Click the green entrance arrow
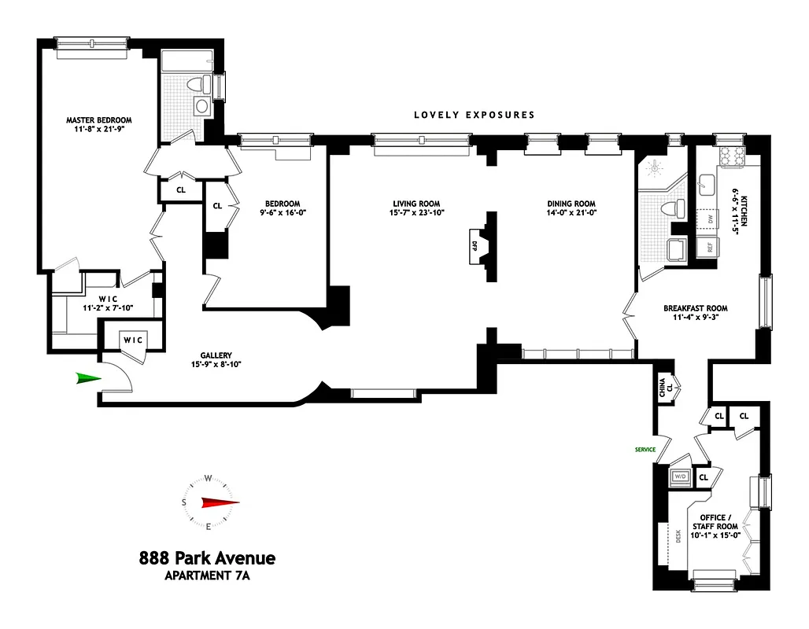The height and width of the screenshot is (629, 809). click(x=88, y=379)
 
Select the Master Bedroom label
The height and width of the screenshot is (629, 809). click(x=98, y=120)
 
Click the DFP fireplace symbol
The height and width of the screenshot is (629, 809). click(x=475, y=245)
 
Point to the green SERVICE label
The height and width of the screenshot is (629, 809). click(x=645, y=450)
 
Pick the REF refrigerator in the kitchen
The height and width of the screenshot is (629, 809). click(x=707, y=246)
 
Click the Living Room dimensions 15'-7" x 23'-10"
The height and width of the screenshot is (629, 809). click(x=416, y=212)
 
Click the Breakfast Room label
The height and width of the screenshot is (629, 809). click(x=695, y=308)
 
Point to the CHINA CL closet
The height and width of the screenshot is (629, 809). click(x=665, y=386)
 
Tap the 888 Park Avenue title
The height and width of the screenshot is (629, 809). click(x=207, y=558)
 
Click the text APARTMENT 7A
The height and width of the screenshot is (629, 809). click(x=207, y=576)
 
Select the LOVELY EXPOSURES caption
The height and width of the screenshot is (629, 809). click(x=475, y=115)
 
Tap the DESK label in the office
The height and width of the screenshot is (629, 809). click(x=678, y=535)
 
